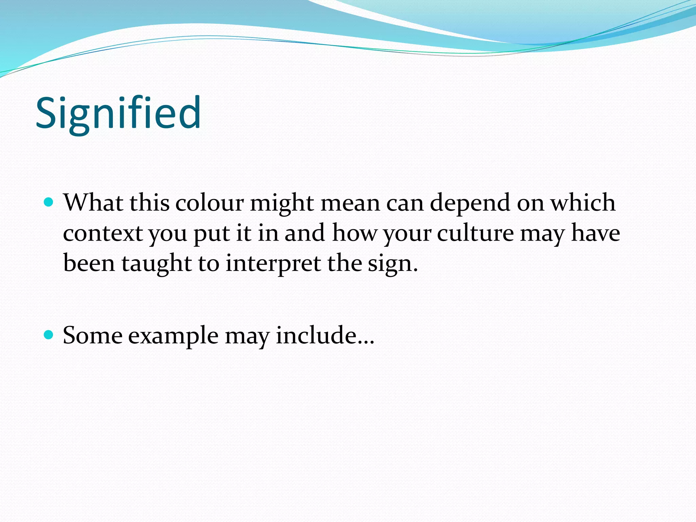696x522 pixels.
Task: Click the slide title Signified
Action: coord(118,113)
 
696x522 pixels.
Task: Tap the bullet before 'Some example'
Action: coord(49,335)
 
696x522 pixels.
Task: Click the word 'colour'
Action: coord(209,203)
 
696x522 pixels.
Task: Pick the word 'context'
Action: coord(103,234)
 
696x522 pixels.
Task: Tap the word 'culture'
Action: coord(475,233)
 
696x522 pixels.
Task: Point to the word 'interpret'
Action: coord(273,264)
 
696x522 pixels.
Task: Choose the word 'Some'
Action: coord(92,335)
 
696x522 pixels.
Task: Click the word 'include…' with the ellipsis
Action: coord(325,335)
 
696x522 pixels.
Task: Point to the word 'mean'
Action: coord(350,204)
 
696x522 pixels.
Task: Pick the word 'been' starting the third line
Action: coord(89,264)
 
